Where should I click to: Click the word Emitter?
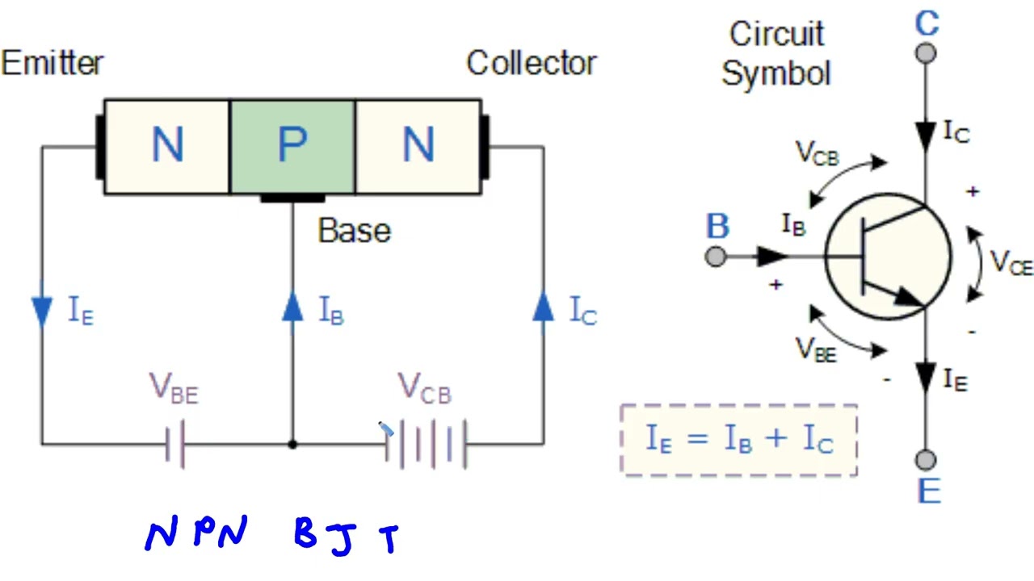pyautogui.click(x=53, y=63)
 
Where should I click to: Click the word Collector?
pyautogui.click(x=531, y=63)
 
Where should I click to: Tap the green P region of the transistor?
pyautogui.click(x=292, y=146)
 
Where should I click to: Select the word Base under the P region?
pyautogui.click(x=354, y=231)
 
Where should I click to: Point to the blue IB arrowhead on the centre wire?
pyautogui.click(x=292, y=307)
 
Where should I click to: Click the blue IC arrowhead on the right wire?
pyautogui.click(x=544, y=307)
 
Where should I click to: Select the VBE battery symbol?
pyautogui.click(x=176, y=443)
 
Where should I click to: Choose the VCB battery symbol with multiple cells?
pyautogui.click(x=426, y=443)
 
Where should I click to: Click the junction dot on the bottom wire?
pyautogui.click(x=292, y=444)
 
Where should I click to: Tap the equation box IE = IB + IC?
pyautogui.click(x=738, y=440)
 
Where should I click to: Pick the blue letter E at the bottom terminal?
pyautogui.click(x=929, y=491)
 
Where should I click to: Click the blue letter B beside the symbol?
pyautogui.click(x=717, y=227)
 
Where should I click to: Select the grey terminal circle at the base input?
pyautogui.click(x=716, y=257)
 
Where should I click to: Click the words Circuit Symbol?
pyautogui.click(x=776, y=53)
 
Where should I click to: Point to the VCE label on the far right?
pyautogui.click(x=1011, y=263)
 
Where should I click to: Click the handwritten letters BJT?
pyautogui.click(x=347, y=537)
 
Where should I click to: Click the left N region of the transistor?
pyautogui.click(x=167, y=146)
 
